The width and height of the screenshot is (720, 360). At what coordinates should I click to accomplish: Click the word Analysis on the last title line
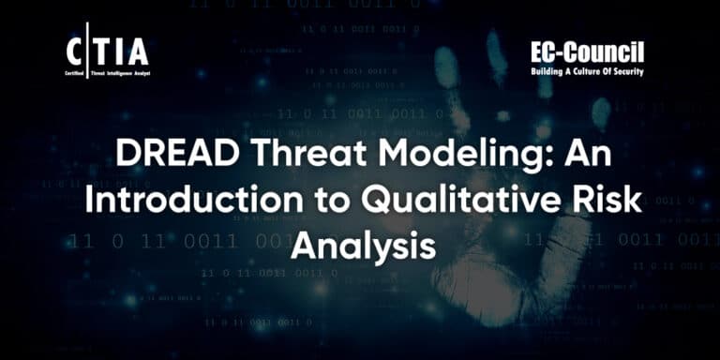(362, 245)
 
